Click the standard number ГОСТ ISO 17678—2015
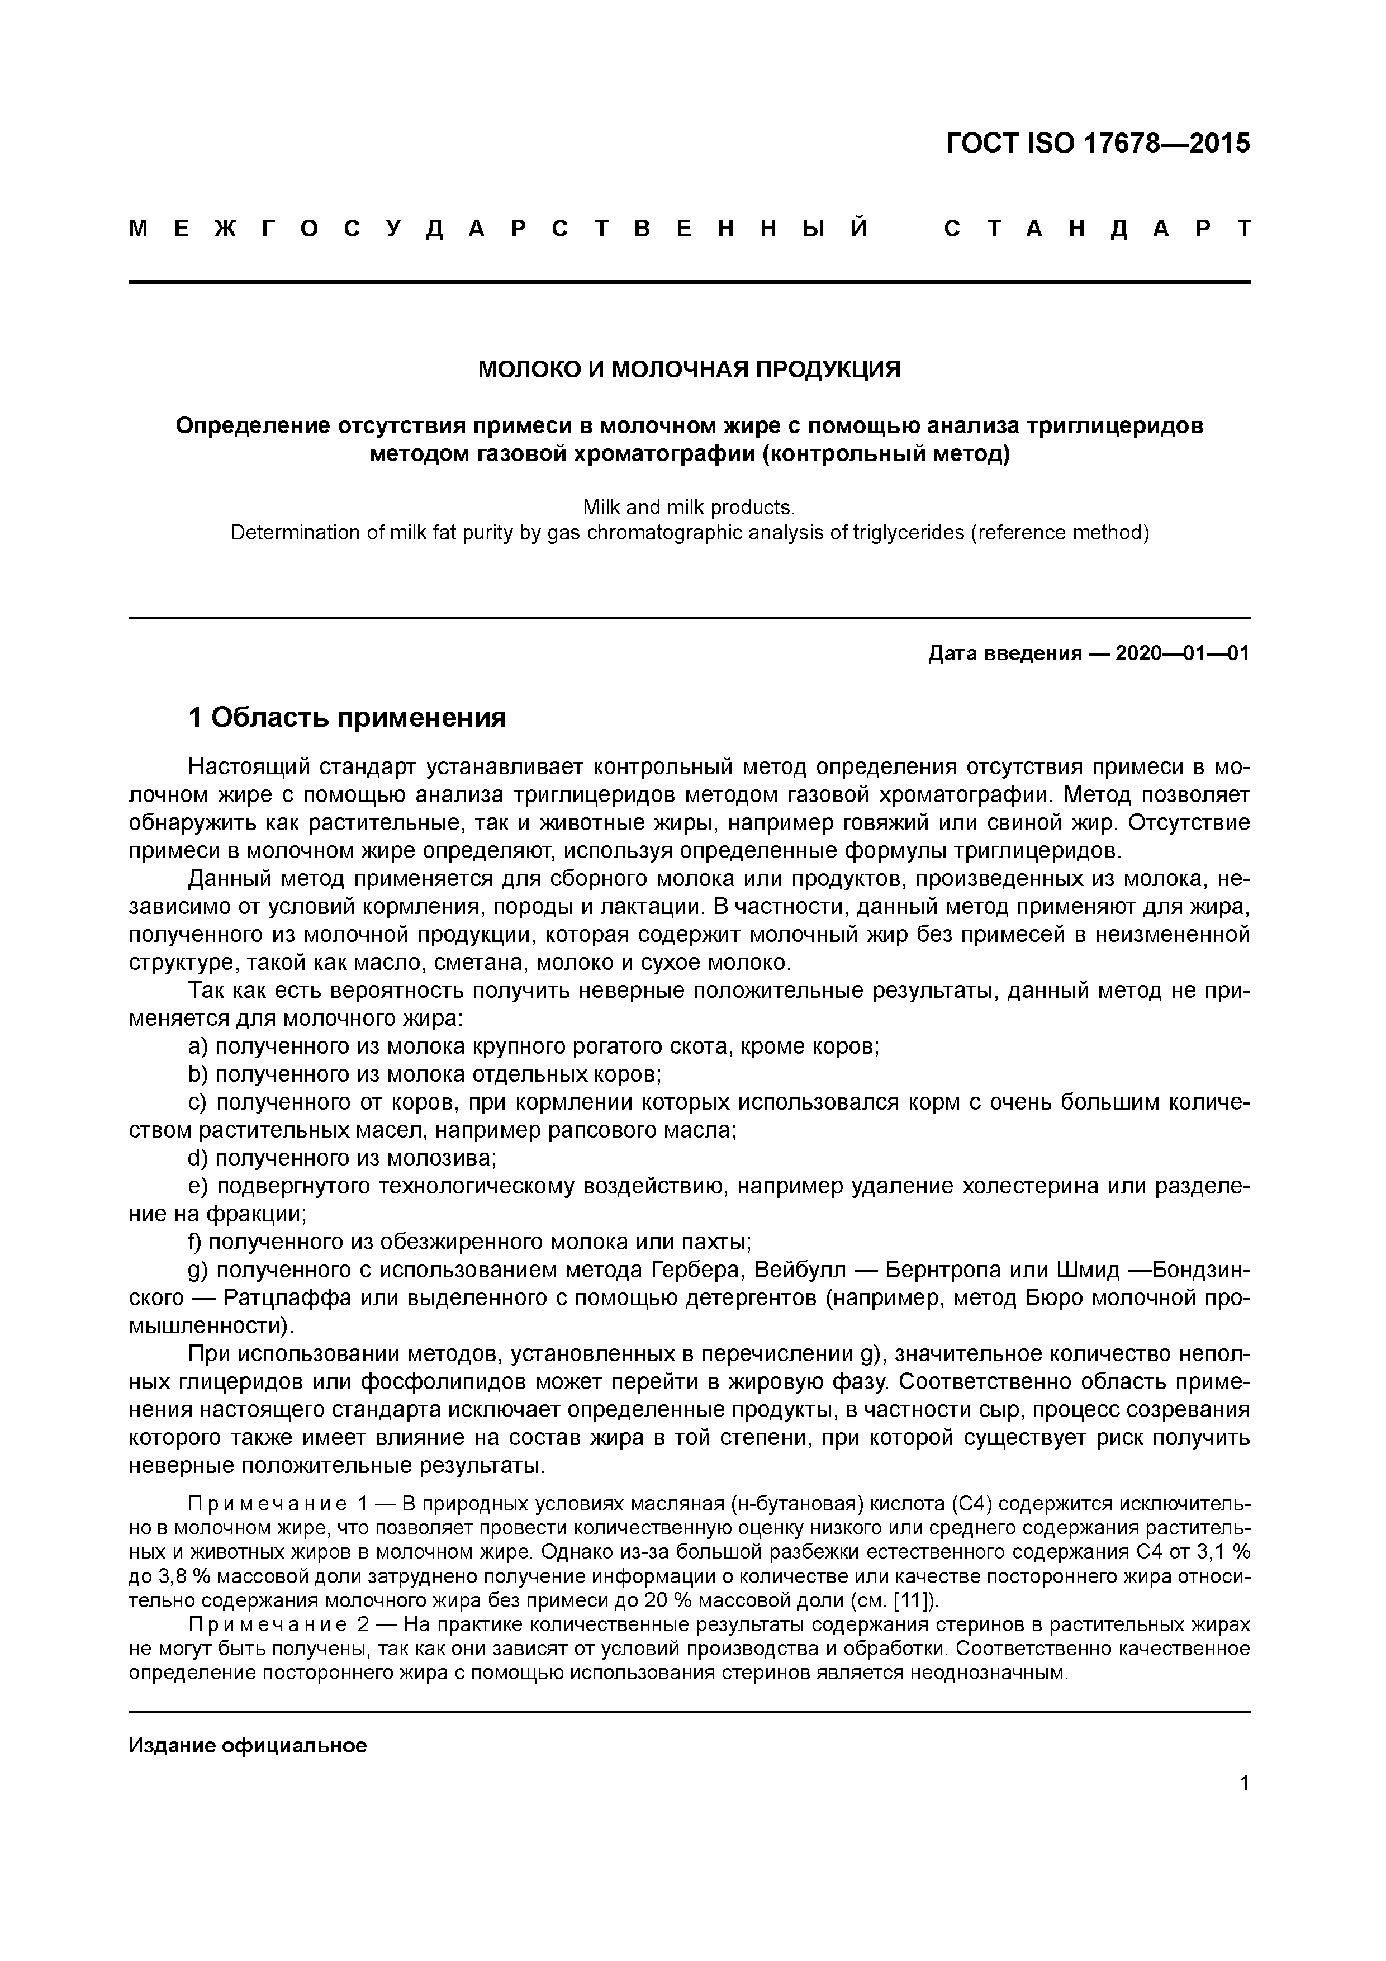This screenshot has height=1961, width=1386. [1098, 144]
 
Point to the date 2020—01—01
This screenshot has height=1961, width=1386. [1182, 653]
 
